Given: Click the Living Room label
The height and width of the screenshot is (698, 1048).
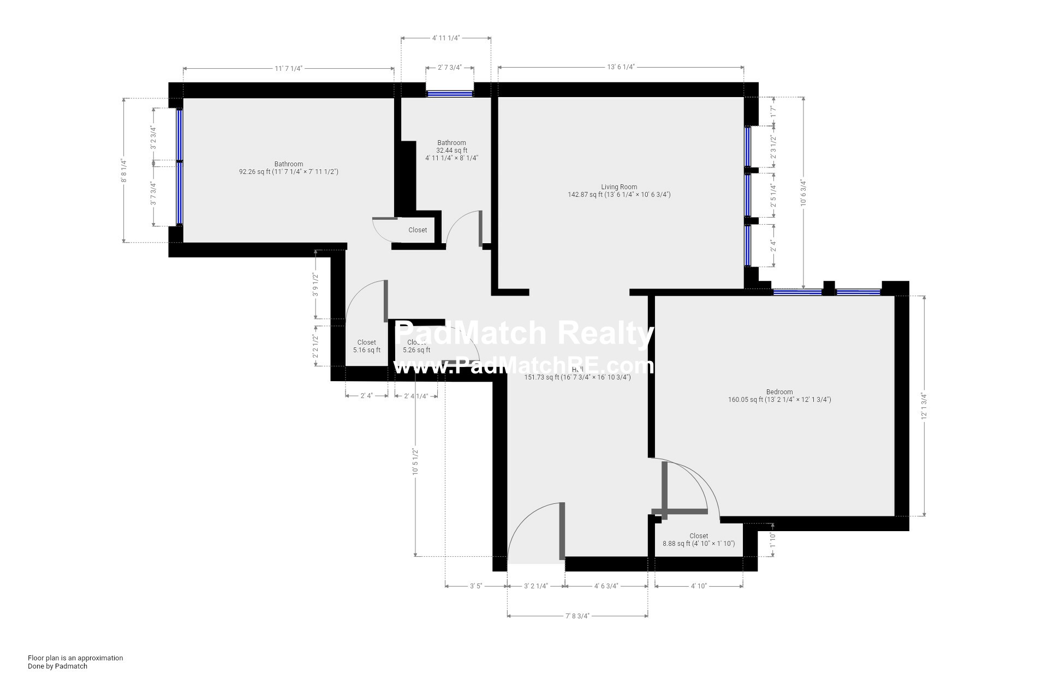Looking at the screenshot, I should [x=619, y=187].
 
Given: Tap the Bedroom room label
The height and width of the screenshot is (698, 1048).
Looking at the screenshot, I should [x=779, y=392].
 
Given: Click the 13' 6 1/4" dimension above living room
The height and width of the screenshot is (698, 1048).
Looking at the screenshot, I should [x=621, y=67].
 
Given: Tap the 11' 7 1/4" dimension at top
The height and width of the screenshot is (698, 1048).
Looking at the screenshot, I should [x=288, y=68].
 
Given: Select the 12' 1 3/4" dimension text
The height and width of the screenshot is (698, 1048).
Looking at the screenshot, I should [x=924, y=406].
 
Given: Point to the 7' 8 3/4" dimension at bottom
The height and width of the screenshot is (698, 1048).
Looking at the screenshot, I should [x=577, y=616].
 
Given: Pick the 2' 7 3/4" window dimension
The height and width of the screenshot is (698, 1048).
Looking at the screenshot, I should [x=450, y=68].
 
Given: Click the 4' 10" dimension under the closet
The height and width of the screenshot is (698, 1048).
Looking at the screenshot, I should [x=699, y=586].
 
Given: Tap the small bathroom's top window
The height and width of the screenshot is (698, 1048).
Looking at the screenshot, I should [x=450, y=94].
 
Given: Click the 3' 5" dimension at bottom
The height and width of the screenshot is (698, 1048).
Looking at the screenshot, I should [x=476, y=586].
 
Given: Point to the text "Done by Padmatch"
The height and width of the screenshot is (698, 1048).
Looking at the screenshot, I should [x=57, y=666].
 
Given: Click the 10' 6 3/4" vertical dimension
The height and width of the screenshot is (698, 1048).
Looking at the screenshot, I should [x=803, y=194].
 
